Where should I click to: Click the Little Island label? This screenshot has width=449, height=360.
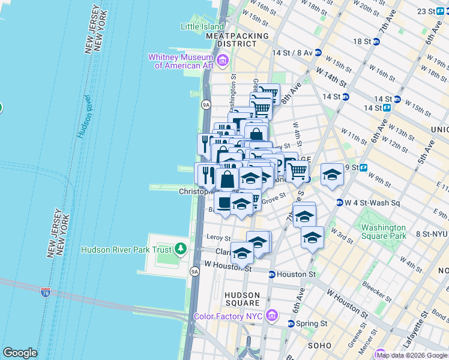[202, 26]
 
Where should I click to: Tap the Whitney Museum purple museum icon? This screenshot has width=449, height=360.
[223, 60]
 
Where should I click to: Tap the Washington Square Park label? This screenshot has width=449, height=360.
[382, 232]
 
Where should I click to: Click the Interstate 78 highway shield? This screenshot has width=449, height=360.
[46, 293]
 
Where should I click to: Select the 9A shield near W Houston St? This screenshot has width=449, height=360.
[194, 272]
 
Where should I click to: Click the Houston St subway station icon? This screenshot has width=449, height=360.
[271, 274]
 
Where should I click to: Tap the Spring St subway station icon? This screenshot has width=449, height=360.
[291, 323]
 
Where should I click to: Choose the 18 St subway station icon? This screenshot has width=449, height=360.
[376, 41]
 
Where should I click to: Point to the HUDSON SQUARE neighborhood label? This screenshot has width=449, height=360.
[242, 299]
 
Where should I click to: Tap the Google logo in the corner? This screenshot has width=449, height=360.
[20, 352]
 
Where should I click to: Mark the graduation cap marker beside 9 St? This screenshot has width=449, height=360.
[332, 174]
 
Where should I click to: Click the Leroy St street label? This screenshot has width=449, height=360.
[218, 238]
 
